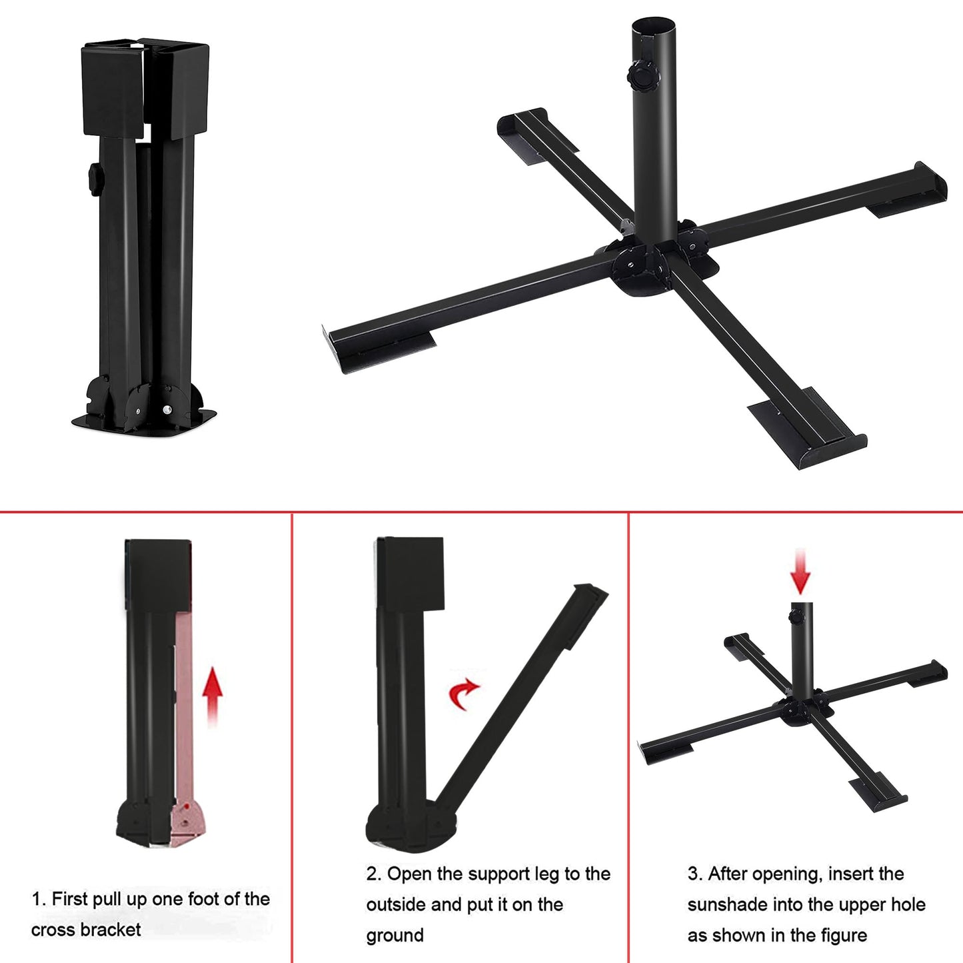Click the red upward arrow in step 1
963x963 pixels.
[x=212, y=694]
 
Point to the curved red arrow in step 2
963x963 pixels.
[x=463, y=694]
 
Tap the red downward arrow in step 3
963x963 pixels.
[x=800, y=572]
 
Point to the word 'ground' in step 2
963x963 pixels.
[x=395, y=935]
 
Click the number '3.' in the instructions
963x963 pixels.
[x=694, y=874]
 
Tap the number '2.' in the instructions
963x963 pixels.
[x=373, y=874]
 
